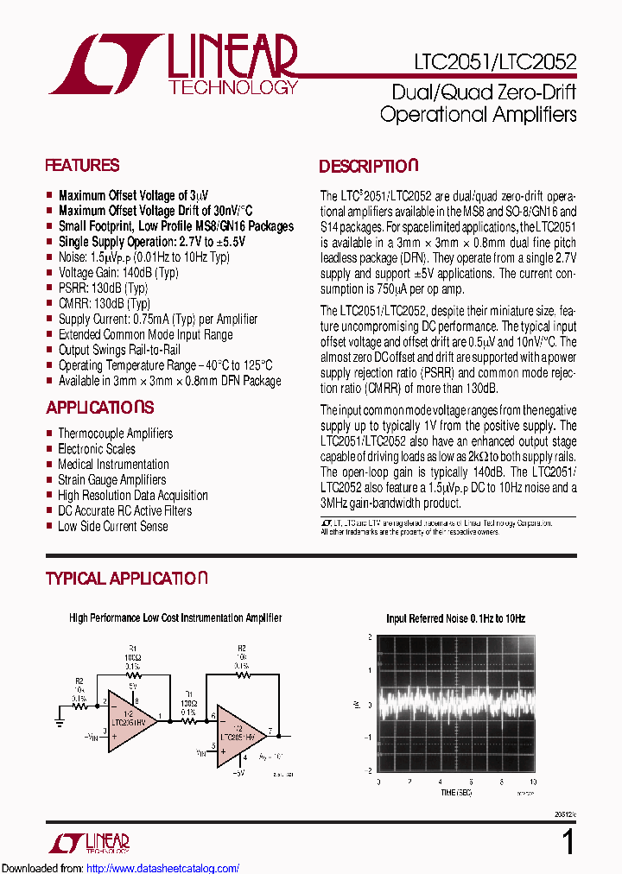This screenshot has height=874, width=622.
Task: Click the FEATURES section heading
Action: pyautogui.click(x=82, y=166)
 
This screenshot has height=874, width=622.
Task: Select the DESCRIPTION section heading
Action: pyautogui.click(x=368, y=167)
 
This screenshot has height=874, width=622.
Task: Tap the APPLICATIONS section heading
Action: pyautogui.click(x=99, y=408)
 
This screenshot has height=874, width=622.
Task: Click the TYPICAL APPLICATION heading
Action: pyautogui.click(x=126, y=579)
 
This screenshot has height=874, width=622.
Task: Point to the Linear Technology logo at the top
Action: pyautogui.click(x=173, y=65)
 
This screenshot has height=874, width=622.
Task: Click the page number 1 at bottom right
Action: pyautogui.click(x=568, y=841)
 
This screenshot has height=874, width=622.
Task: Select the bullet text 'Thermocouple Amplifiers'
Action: pyautogui.click(x=115, y=434)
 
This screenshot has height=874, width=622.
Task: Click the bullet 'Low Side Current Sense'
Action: pyautogui.click(x=113, y=526)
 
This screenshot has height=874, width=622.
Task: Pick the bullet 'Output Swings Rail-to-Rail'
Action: pyautogui.click(x=119, y=350)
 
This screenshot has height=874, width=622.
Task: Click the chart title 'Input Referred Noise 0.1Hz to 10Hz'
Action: pyautogui.click(x=455, y=618)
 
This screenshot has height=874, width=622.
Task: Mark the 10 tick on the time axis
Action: pyautogui.click(x=532, y=782)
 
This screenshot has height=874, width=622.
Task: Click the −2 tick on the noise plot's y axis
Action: pyautogui.click(x=370, y=769)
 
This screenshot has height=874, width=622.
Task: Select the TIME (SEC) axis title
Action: pyautogui.click(x=454, y=792)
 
